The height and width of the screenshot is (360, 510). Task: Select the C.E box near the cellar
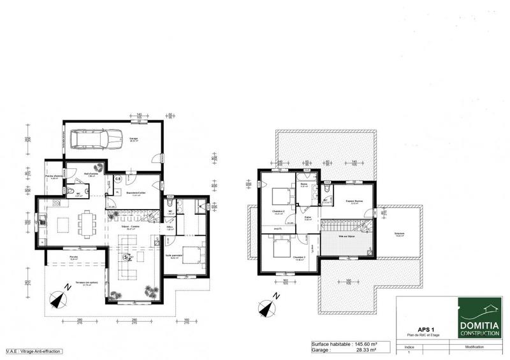tap(119, 179)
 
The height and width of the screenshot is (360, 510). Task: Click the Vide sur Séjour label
tap(346, 236)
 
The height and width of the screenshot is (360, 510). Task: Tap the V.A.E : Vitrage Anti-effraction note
tap(30, 350)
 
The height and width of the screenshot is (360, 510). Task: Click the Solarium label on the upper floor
tap(400, 233)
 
